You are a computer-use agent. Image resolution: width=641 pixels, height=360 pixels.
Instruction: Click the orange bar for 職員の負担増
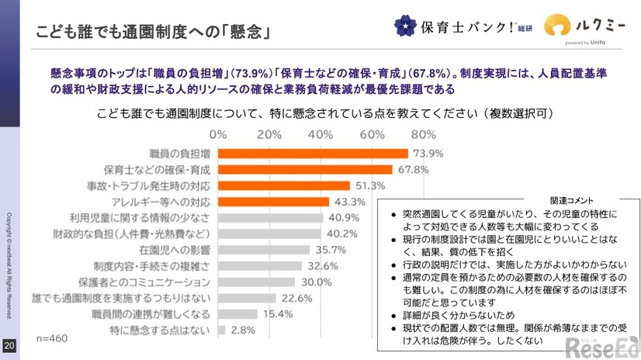[313, 153]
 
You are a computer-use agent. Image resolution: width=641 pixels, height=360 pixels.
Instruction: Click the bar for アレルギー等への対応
[273, 202]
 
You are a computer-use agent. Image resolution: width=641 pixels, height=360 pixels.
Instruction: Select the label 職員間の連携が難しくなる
[165, 313]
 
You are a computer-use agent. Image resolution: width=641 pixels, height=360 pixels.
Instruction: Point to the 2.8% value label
[244, 330]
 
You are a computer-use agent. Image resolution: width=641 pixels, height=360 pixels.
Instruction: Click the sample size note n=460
[52, 340]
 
